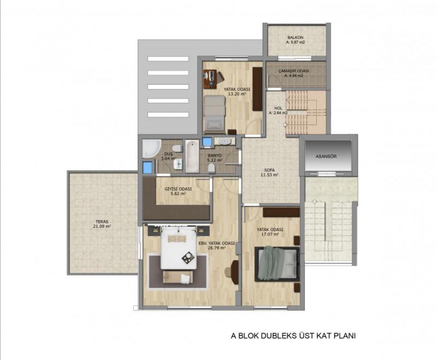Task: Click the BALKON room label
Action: (295, 38)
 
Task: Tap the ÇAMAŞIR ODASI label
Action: (294, 71)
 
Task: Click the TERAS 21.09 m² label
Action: (102, 224)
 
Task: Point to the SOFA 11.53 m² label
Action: (269, 173)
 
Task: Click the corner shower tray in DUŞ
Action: (151, 149)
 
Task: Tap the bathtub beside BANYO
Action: (192, 156)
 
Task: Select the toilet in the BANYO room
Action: (212, 168)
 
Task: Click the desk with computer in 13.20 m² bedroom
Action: (210, 79)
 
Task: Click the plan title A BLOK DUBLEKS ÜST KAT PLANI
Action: (293, 336)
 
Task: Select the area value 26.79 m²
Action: (216, 247)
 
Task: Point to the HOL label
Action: (278, 108)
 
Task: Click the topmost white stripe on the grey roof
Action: (168, 59)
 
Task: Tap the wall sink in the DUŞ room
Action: (178, 164)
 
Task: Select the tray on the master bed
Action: (188, 257)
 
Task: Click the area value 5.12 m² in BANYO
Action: (214, 160)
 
